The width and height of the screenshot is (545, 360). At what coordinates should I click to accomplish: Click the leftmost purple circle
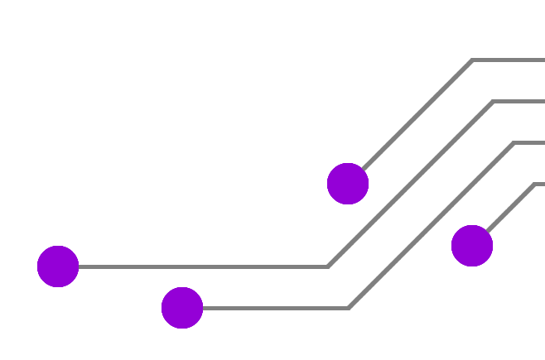[x=58, y=266]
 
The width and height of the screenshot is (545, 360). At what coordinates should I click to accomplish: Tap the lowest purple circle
[x=182, y=308]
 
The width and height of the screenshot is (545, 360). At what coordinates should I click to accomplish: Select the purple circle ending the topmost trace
[x=348, y=184]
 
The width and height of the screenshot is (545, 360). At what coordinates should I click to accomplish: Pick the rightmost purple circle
[x=472, y=246]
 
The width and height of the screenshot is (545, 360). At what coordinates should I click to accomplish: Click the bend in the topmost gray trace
[x=472, y=60]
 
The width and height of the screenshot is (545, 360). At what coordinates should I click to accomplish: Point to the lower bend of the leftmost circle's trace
[x=328, y=266]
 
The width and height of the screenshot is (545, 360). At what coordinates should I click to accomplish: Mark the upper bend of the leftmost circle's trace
[x=493, y=102]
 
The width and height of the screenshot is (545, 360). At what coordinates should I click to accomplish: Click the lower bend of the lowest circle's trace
[x=348, y=308]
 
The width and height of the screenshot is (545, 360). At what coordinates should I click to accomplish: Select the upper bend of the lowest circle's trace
[x=514, y=143]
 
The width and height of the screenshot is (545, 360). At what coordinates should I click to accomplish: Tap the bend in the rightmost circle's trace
[x=534, y=184]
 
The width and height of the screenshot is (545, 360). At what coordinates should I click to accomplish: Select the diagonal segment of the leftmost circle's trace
[x=410, y=185]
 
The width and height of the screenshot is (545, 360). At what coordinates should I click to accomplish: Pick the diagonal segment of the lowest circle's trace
[x=431, y=226]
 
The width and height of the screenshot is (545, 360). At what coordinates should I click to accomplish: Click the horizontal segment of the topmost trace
[x=509, y=60]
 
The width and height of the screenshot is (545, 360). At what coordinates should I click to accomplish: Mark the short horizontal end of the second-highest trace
[x=519, y=102]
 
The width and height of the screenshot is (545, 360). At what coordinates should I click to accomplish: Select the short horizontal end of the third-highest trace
[x=529, y=143]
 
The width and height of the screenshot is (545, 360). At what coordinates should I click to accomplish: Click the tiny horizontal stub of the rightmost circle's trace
[x=540, y=184]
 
